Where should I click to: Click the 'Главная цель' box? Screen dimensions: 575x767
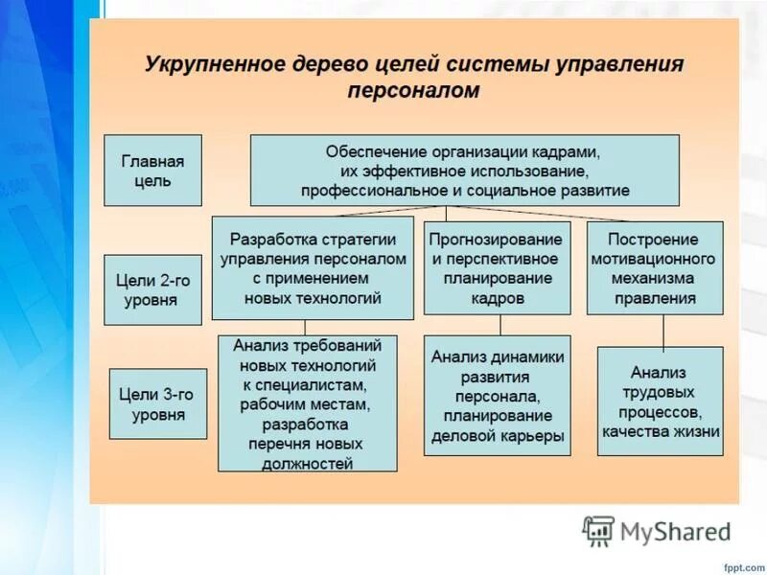tap(152, 170)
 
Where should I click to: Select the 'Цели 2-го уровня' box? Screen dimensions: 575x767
tap(152, 289)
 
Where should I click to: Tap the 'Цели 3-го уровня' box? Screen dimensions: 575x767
tap(158, 403)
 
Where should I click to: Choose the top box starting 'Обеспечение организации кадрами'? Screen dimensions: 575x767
tap(464, 171)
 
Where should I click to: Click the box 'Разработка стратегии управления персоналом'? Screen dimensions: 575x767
tap(313, 268)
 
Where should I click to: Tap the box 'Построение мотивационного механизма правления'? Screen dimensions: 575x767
tap(654, 267)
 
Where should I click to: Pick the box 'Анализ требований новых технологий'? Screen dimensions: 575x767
tap(307, 402)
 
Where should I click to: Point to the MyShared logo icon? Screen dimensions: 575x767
tap(599, 530)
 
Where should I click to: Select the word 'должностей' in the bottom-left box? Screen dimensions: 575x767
tap(307, 464)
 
